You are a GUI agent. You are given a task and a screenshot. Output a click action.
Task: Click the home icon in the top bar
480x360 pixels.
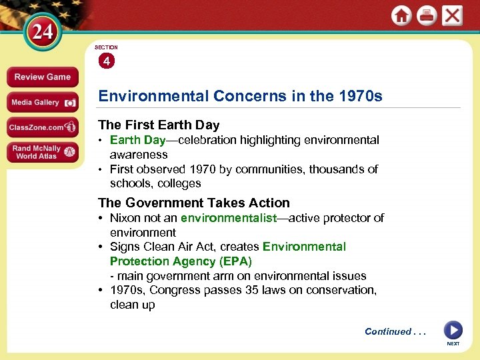401,15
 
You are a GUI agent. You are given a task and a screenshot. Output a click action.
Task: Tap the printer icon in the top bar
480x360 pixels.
427,15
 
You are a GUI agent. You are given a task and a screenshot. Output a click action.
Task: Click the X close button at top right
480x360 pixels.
452,15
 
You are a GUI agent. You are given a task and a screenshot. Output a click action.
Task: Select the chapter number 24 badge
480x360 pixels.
43,32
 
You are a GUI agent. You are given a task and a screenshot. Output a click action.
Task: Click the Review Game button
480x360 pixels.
43,77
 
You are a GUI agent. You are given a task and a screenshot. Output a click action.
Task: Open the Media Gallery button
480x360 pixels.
43,103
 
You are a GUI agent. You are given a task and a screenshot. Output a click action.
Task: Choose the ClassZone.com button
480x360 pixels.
43,127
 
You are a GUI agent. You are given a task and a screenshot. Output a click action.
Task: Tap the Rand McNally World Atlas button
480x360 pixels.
43,152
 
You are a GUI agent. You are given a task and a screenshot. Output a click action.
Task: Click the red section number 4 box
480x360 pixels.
107,61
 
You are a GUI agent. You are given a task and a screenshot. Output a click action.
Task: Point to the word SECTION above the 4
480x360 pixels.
106,47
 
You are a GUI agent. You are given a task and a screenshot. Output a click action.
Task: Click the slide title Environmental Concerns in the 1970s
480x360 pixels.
240,96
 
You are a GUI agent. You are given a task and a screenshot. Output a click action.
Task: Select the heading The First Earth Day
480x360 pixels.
159,125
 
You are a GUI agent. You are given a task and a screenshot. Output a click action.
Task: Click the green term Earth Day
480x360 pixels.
137,140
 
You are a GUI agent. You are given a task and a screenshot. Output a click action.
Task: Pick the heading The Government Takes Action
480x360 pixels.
194,203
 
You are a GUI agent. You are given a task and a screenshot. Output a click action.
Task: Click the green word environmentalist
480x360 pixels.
229,218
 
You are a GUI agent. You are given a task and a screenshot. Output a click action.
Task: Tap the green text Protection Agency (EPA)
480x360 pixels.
181,261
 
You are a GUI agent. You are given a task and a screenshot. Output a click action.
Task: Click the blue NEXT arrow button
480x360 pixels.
453,330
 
